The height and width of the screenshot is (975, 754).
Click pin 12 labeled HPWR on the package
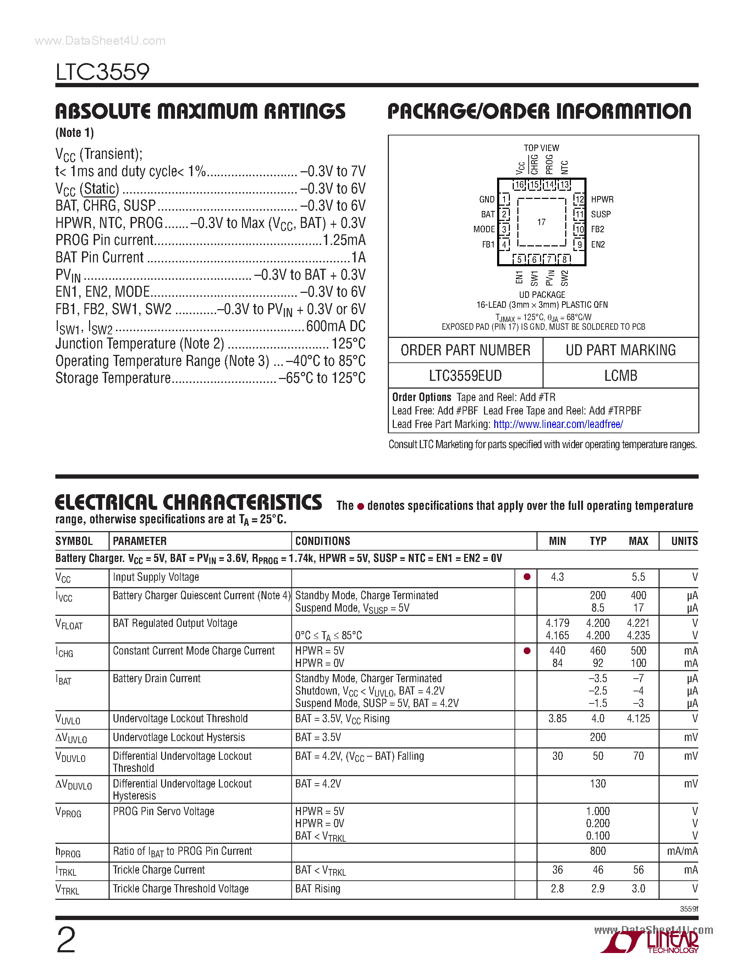tap(579, 199)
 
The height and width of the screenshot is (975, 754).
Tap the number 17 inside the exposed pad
tap(541, 222)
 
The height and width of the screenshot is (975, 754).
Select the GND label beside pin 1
tap(486, 200)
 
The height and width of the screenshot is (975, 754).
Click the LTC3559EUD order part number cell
tap(465, 375)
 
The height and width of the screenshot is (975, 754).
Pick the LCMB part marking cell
tap(621, 375)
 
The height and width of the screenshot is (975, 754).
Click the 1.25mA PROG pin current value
tap(343, 240)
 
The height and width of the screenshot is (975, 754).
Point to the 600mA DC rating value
tap(335, 326)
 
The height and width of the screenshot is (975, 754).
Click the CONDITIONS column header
tap(323, 541)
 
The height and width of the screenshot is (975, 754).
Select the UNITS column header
tap(684, 541)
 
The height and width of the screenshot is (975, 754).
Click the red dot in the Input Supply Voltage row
tap(527, 577)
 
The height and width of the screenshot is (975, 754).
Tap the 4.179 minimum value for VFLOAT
tap(557, 623)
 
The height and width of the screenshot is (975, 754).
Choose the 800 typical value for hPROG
tap(598, 851)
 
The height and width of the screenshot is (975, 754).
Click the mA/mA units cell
tap(682, 851)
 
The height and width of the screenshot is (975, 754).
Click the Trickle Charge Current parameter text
tap(159, 870)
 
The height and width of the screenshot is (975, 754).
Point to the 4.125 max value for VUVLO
tap(638, 718)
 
